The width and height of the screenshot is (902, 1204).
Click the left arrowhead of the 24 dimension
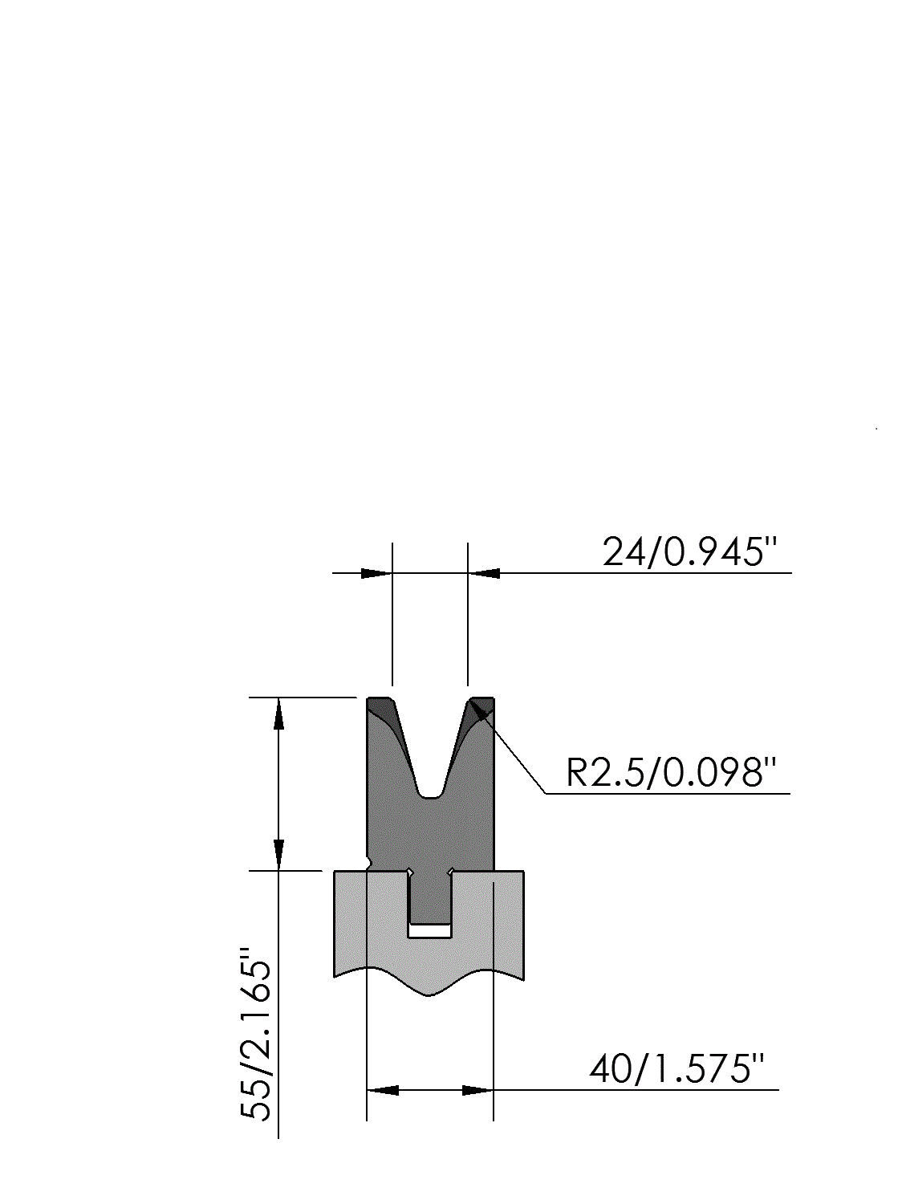point(376,573)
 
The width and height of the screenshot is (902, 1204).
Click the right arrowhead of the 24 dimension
point(484,573)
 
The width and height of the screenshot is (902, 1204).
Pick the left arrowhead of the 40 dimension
point(383,1090)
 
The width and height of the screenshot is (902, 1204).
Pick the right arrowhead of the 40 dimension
point(477,1090)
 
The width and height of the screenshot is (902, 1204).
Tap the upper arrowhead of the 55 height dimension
point(278,714)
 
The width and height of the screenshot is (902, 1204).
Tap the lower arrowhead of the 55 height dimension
point(278,855)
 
